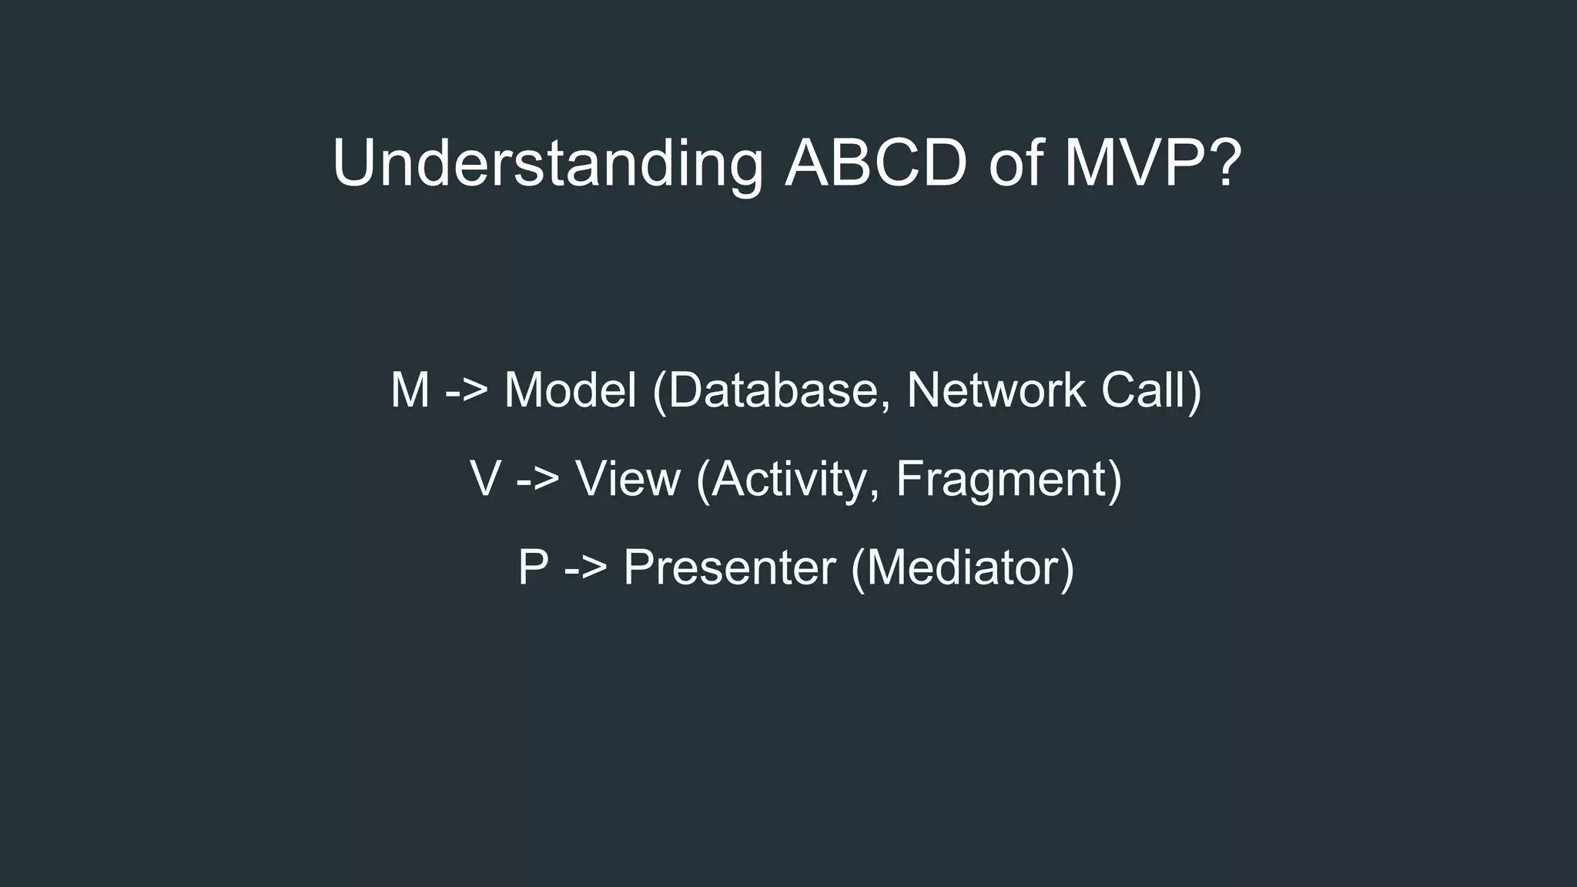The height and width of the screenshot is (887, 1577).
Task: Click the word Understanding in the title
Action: click(547, 163)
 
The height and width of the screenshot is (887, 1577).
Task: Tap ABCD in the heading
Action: click(876, 163)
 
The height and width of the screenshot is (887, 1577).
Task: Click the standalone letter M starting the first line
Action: click(410, 390)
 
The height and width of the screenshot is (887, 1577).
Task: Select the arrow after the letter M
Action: click(467, 390)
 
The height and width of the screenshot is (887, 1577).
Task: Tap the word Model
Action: click(570, 390)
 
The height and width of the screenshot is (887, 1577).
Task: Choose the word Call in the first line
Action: click(1143, 390)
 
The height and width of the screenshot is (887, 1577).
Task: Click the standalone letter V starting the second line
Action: click(485, 479)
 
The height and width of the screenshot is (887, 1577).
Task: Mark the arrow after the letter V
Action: click(537, 479)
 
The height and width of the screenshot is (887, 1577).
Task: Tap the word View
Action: click(628, 479)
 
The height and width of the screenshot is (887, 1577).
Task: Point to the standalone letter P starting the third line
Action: click(533, 568)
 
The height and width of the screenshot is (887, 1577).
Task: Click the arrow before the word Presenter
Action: click(586, 568)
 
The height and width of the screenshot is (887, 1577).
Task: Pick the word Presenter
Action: click(729, 568)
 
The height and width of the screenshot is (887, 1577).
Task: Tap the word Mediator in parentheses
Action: click(963, 568)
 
